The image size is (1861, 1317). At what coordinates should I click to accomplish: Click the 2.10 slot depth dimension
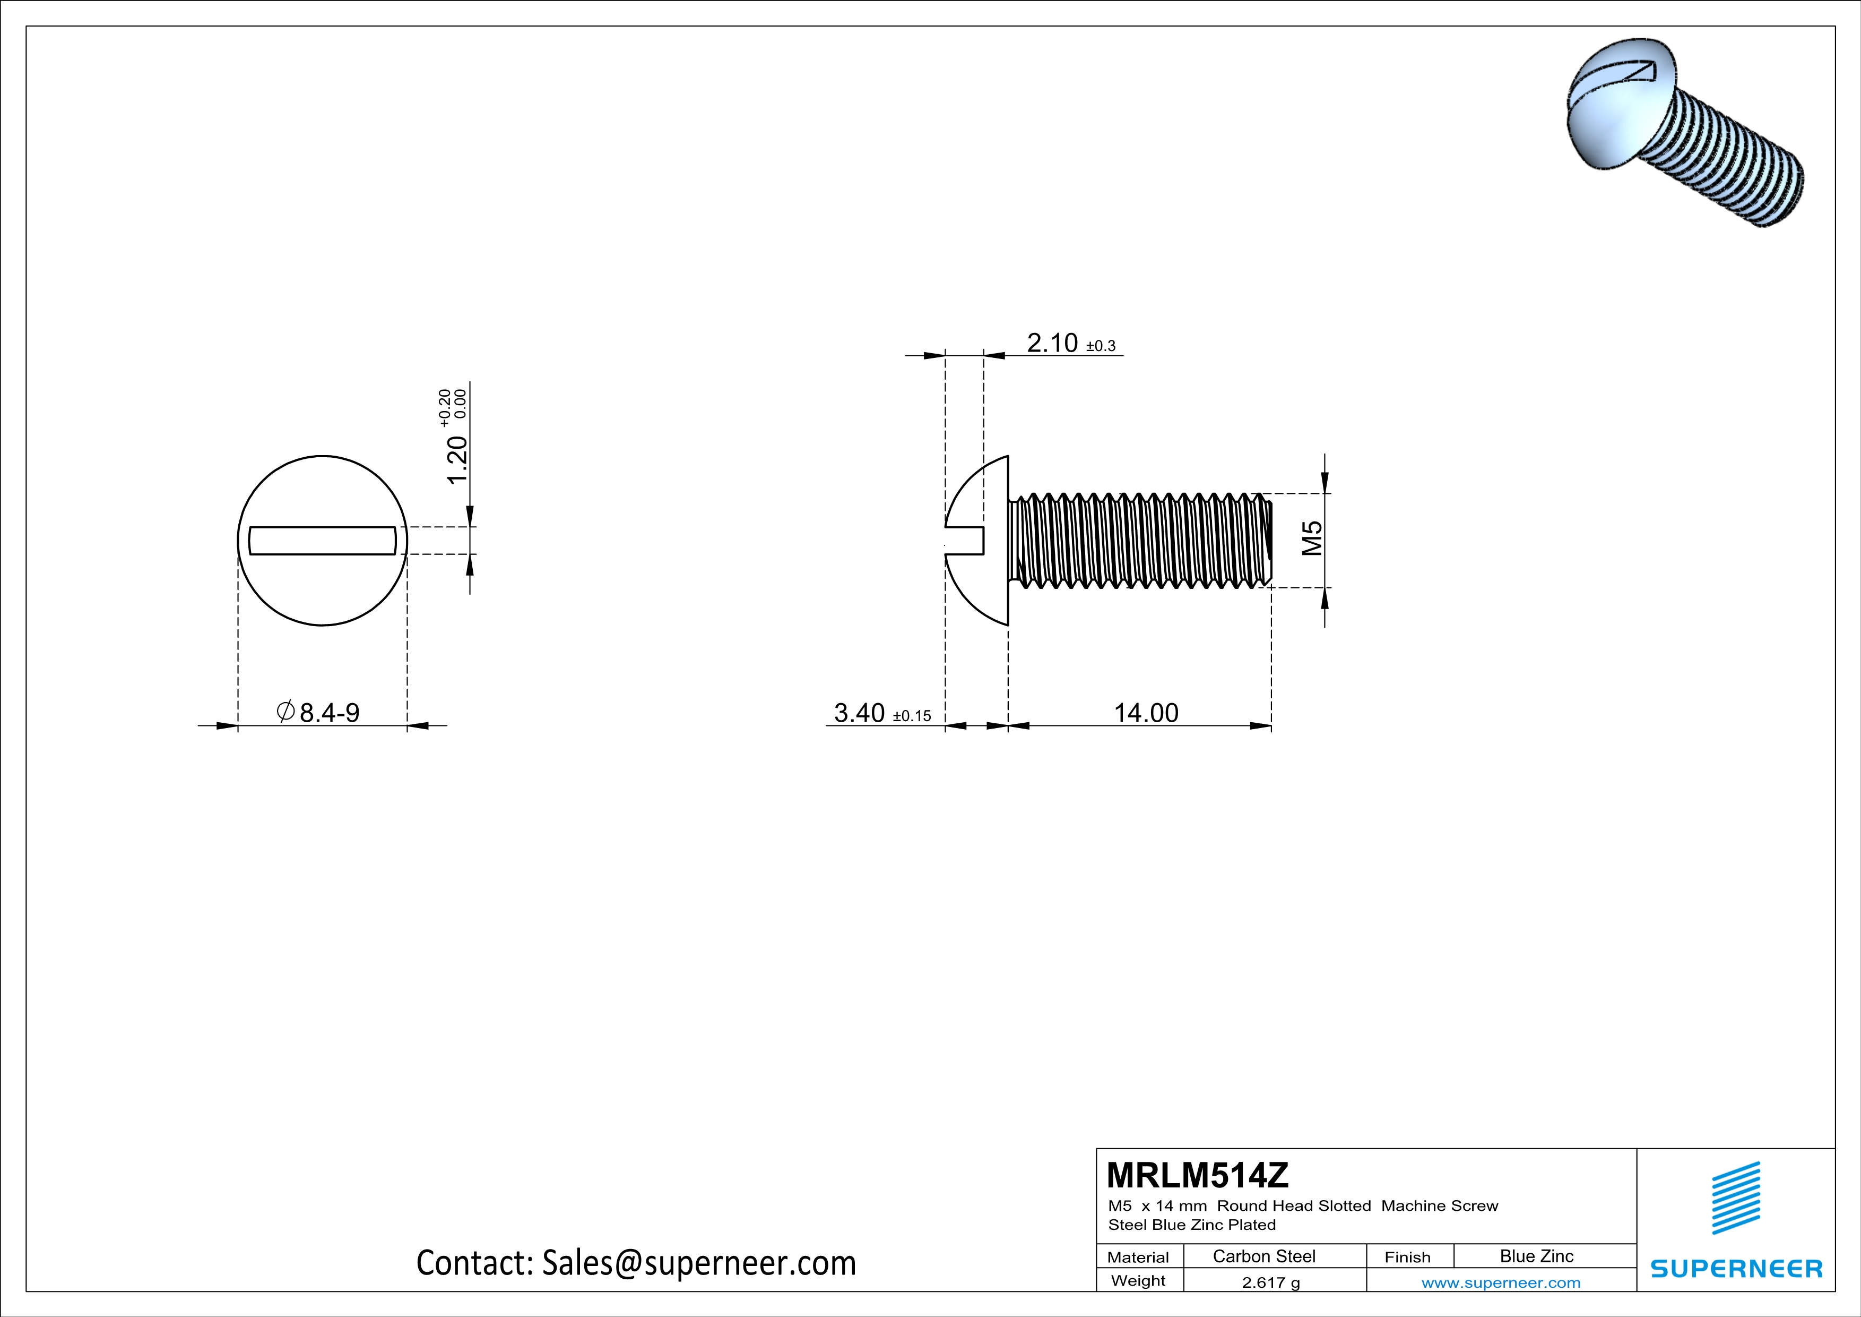(1052, 343)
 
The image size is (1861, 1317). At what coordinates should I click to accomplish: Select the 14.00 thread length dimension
(1145, 713)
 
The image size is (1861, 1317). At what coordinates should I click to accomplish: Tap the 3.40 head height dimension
(859, 713)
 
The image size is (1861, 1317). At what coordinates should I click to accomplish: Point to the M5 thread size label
(1312, 537)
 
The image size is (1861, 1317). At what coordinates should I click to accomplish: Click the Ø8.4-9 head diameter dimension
(319, 713)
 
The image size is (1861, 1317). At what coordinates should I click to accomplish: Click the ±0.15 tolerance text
(912, 716)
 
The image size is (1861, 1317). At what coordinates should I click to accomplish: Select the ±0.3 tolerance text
(1101, 346)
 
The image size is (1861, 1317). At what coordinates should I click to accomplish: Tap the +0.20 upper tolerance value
(444, 408)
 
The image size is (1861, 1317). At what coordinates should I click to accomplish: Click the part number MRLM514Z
(1197, 1175)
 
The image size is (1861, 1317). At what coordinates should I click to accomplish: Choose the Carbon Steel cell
(1263, 1256)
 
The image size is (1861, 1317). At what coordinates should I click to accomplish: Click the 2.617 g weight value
(1270, 1282)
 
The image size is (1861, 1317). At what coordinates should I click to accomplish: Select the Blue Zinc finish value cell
(1536, 1256)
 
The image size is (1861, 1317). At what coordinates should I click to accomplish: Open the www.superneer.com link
(1500, 1282)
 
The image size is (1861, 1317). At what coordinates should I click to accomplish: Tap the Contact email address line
(636, 1263)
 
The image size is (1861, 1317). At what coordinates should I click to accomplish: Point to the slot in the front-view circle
(323, 541)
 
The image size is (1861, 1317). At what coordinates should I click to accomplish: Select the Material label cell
(1138, 1257)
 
